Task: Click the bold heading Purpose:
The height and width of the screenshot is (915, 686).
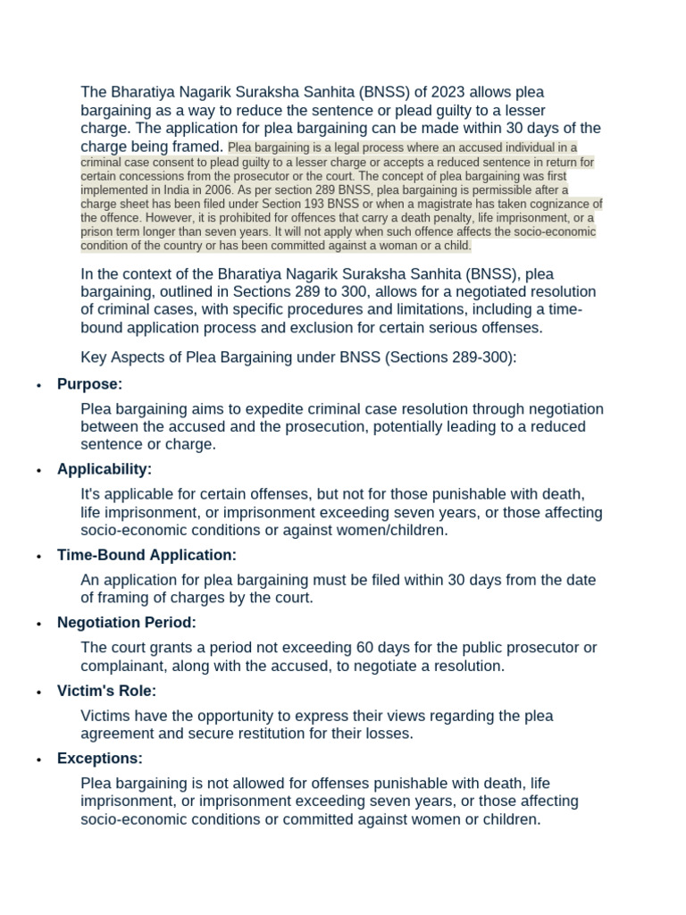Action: [x=89, y=384]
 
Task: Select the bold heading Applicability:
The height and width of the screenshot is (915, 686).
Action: [x=104, y=469]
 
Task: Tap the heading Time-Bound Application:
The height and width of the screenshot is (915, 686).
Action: [x=146, y=555]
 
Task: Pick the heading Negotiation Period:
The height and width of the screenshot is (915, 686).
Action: [x=126, y=623]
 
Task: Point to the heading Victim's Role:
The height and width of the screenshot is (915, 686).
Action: [x=106, y=691]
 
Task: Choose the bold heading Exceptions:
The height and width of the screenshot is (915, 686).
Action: [x=99, y=759]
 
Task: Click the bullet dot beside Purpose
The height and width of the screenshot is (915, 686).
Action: [x=38, y=385]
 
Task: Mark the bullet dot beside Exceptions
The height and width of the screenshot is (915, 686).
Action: [x=38, y=760]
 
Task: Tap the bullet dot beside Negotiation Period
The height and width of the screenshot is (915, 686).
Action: [x=38, y=624]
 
